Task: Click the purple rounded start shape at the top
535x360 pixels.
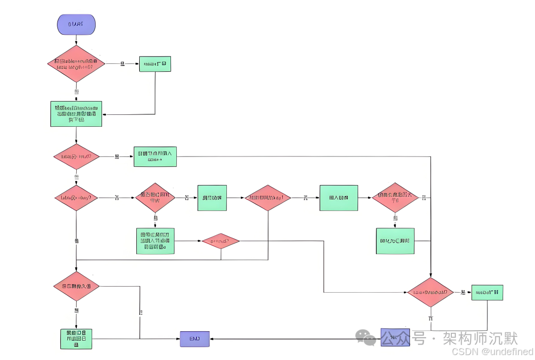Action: pyautogui.click(x=76, y=24)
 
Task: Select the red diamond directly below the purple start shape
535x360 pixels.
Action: pyautogui.click(x=76, y=63)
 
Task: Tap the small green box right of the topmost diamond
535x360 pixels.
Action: pyautogui.click(x=155, y=64)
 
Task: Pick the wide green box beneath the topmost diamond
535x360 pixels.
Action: pyautogui.click(x=76, y=114)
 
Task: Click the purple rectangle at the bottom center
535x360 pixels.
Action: pyautogui.click(x=194, y=339)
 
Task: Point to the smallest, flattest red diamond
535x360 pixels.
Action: pyautogui.click(x=220, y=241)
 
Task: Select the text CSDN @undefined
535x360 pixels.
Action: pyautogui.click(x=492, y=351)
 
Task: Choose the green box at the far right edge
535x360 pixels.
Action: pyautogui.click(x=487, y=293)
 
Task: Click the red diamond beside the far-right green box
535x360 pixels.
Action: pyautogui.click(x=430, y=292)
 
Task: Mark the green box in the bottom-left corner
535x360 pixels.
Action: pyautogui.click(x=76, y=339)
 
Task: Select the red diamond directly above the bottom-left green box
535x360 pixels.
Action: pyautogui.click(x=76, y=286)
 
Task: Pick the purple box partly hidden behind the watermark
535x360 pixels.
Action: pyautogui.click(x=395, y=337)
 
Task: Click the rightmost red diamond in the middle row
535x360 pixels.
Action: pyautogui.click(x=395, y=198)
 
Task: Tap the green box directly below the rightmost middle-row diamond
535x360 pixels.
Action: pyautogui.click(x=395, y=241)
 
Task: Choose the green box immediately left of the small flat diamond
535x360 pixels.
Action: pyautogui.click(x=156, y=241)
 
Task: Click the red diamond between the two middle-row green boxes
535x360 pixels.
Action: pyautogui.click(x=267, y=198)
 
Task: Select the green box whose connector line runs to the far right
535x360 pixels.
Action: pyautogui.click(x=155, y=156)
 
